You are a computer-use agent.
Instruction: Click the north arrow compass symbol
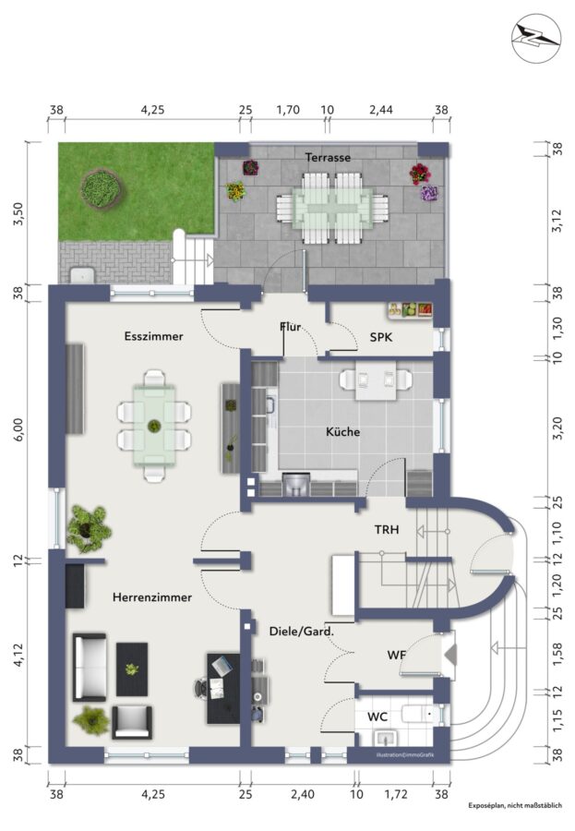click(536, 37)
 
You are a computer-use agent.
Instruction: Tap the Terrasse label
click(328, 157)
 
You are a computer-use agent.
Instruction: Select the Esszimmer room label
click(154, 336)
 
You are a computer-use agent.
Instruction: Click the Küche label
click(343, 432)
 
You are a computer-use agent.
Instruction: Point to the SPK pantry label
click(381, 336)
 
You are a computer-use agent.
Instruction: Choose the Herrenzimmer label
click(152, 597)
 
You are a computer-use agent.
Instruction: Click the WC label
click(377, 717)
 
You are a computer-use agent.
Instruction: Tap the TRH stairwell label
click(387, 529)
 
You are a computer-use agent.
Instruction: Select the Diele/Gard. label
click(302, 632)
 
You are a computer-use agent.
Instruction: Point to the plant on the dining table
click(154, 426)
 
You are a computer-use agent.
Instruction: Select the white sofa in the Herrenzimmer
click(89, 666)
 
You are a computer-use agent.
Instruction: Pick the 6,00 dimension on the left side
click(19, 428)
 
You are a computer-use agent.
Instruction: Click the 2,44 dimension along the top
click(381, 110)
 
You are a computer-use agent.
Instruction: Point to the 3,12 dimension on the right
click(557, 221)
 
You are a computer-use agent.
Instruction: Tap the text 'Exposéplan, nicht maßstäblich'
click(515, 805)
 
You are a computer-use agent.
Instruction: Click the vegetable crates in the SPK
click(411, 310)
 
